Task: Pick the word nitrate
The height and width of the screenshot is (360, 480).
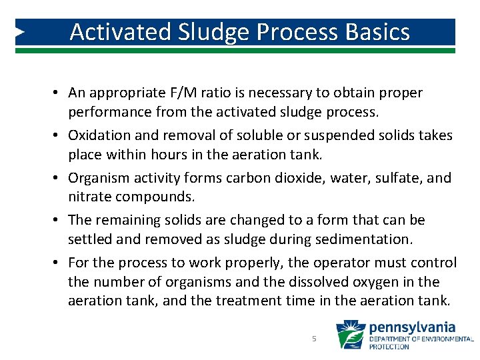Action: (x=89, y=197)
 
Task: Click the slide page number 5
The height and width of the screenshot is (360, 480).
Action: (x=314, y=339)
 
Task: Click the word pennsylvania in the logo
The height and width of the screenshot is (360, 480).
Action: (x=412, y=328)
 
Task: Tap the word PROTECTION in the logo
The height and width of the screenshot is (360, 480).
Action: (x=390, y=347)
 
